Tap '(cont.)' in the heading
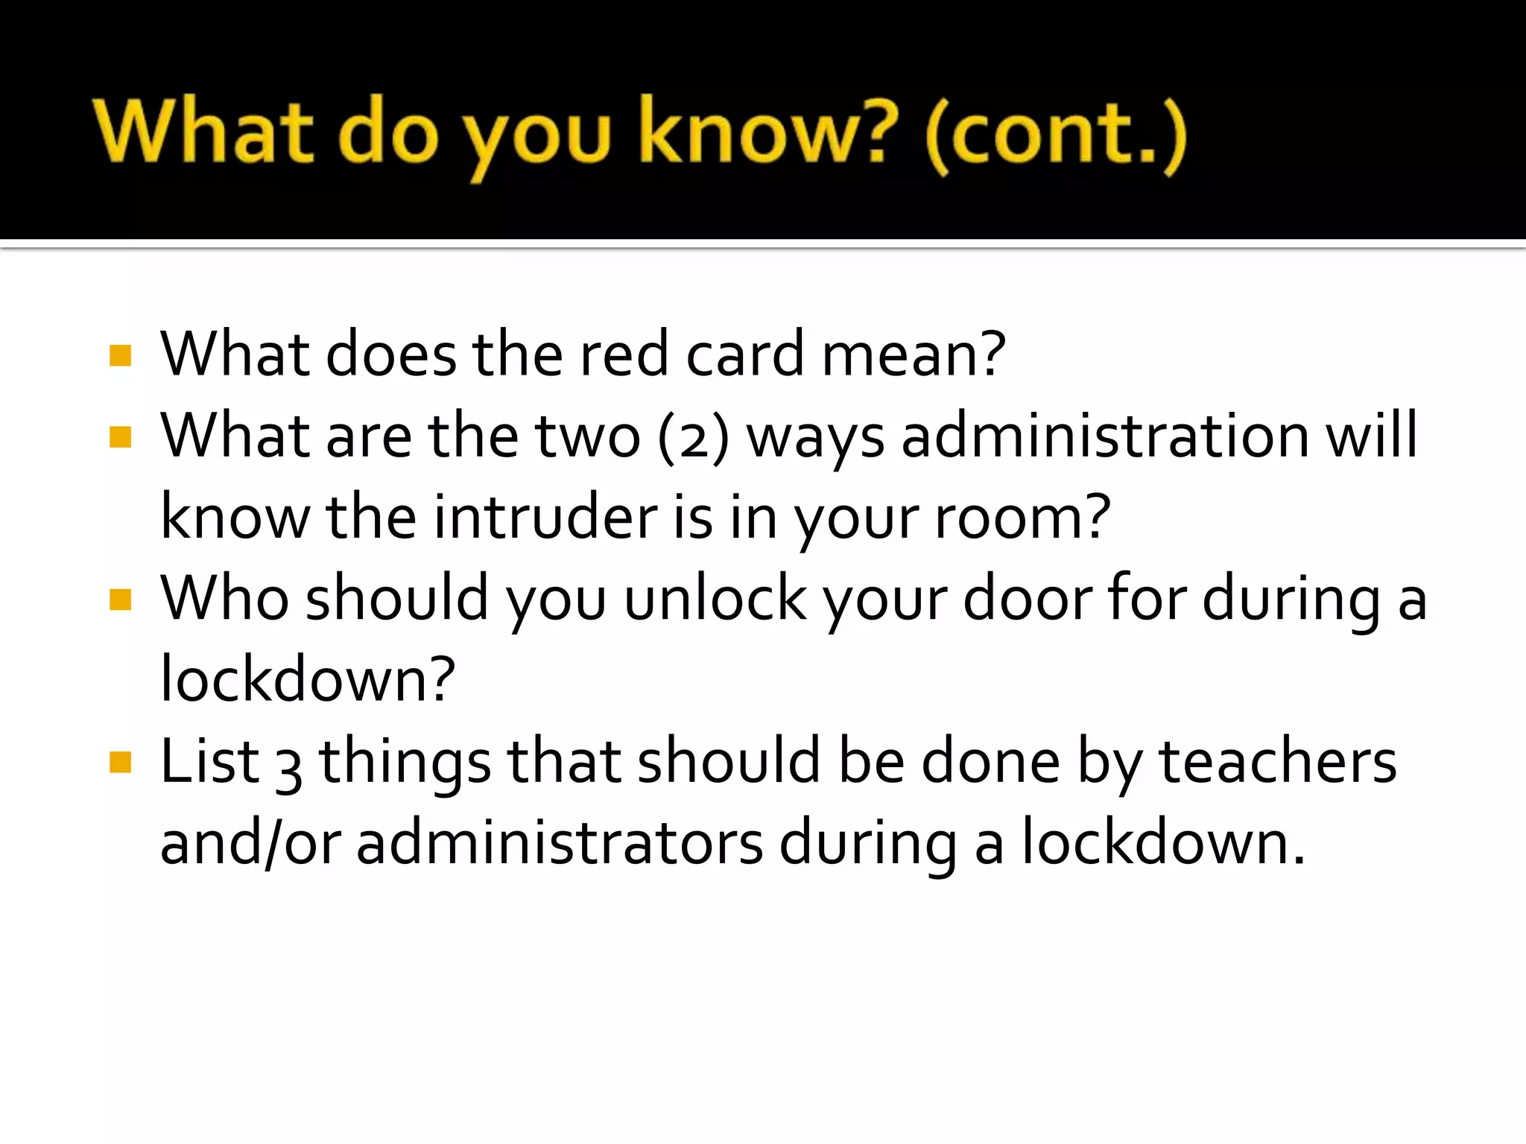[x=1056, y=136]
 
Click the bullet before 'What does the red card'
[x=120, y=355]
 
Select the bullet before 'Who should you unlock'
[x=120, y=600]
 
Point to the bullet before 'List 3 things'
[x=120, y=763]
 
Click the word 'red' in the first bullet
[x=623, y=355]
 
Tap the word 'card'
[x=744, y=355]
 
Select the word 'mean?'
[x=914, y=355]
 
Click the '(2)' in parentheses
[x=693, y=437]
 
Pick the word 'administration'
[x=1105, y=436]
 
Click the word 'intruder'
[x=545, y=518]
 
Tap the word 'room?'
[x=1022, y=518]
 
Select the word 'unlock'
[x=715, y=599]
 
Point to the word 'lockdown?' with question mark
[x=307, y=679]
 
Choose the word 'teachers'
[x=1278, y=762]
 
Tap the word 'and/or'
[x=250, y=844]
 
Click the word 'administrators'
[x=560, y=844]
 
